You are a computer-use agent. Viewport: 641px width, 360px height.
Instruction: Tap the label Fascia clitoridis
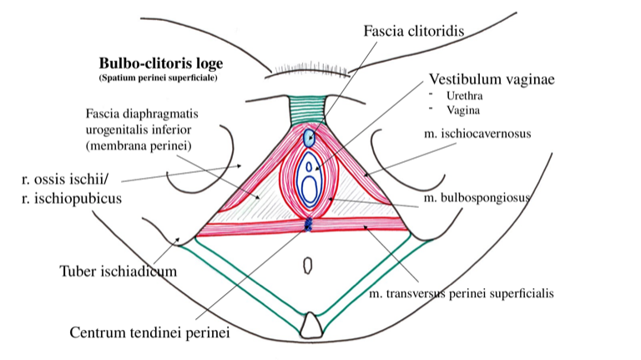tap(413, 31)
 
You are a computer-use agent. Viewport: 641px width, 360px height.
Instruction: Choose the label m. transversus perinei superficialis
tap(462, 294)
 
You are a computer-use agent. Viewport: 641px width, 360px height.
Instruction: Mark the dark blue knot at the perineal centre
tap(308, 224)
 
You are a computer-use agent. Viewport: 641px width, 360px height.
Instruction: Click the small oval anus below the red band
tap(307, 265)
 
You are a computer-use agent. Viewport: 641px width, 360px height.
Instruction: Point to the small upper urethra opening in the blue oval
tap(309, 168)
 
